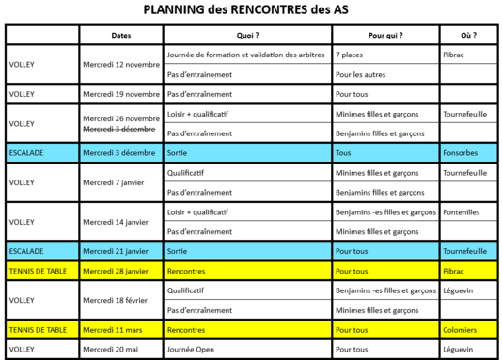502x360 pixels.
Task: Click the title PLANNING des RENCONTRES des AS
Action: [x=251, y=10]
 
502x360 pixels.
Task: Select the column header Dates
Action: [x=120, y=35]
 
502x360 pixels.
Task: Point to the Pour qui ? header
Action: [x=385, y=35]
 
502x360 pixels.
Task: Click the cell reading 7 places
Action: [x=352, y=55]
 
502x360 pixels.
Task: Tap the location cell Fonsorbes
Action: [x=462, y=151]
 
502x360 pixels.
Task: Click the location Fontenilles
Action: [x=463, y=212]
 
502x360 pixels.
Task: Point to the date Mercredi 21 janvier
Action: [x=117, y=251]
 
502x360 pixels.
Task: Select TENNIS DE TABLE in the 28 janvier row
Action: [x=38, y=271]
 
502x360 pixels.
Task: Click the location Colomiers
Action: [x=462, y=330]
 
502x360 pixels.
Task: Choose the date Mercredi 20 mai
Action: [x=111, y=349]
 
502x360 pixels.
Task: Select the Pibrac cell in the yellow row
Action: [x=455, y=271]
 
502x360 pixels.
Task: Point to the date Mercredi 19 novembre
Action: [x=120, y=94]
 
